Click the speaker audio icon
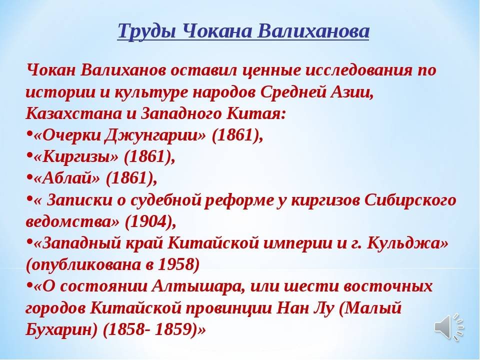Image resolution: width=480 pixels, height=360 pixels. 449,326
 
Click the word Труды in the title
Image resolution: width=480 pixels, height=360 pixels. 146,31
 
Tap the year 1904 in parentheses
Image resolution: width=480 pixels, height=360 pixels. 145,221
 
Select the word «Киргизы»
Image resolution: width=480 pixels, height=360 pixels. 76,157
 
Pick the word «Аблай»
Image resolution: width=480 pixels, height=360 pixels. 67,178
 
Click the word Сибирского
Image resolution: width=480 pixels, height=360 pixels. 410,200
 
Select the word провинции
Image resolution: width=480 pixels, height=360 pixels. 228,308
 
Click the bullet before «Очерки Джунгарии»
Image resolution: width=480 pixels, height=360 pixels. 29,134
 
